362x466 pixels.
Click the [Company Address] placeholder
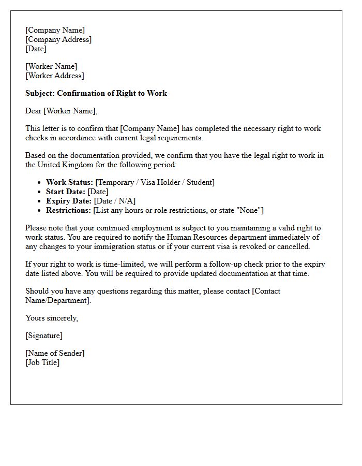point(58,39)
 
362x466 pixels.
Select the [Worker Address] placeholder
point(54,76)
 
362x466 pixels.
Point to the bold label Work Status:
point(70,182)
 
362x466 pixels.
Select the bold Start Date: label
point(66,192)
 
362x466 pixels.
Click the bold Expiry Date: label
point(69,201)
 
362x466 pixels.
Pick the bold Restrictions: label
point(69,210)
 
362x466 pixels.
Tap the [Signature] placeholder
point(44,336)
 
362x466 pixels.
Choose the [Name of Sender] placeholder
point(55,353)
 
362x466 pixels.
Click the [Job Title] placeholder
point(42,362)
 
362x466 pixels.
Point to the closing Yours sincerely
point(52,318)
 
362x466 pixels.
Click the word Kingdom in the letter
point(90,165)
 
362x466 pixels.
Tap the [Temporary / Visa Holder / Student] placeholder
point(155,182)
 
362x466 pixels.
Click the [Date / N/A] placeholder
point(115,201)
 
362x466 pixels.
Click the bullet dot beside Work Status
point(40,182)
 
